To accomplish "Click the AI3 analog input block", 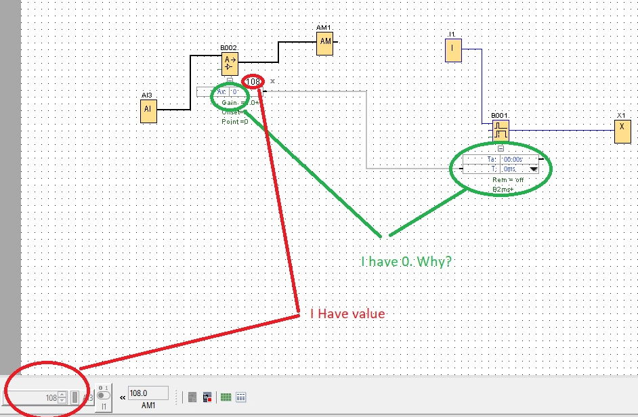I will tap(149, 111).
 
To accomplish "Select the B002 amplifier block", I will tap(230, 64).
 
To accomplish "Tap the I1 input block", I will tap(453, 49).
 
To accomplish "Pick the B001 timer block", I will tap(501, 130).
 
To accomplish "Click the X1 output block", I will tap(622, 131).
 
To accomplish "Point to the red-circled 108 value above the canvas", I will tap(253, 82).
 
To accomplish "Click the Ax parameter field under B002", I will tap(230, 91).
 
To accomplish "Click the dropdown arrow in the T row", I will tap(533, 169).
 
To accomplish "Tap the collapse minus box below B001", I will tap(501, 148).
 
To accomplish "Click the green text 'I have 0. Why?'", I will tap(406, 261).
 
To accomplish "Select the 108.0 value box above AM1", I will tap(148, 393).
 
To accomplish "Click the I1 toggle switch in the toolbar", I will tap(104, 396).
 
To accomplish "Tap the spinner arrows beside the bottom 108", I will tap(62, 398).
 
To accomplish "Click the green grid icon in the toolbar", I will tap(226, 397).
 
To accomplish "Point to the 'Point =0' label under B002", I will tap(235, 121).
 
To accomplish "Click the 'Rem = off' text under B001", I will tap(508, 180).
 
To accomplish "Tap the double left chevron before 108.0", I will tap(123, 397).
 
